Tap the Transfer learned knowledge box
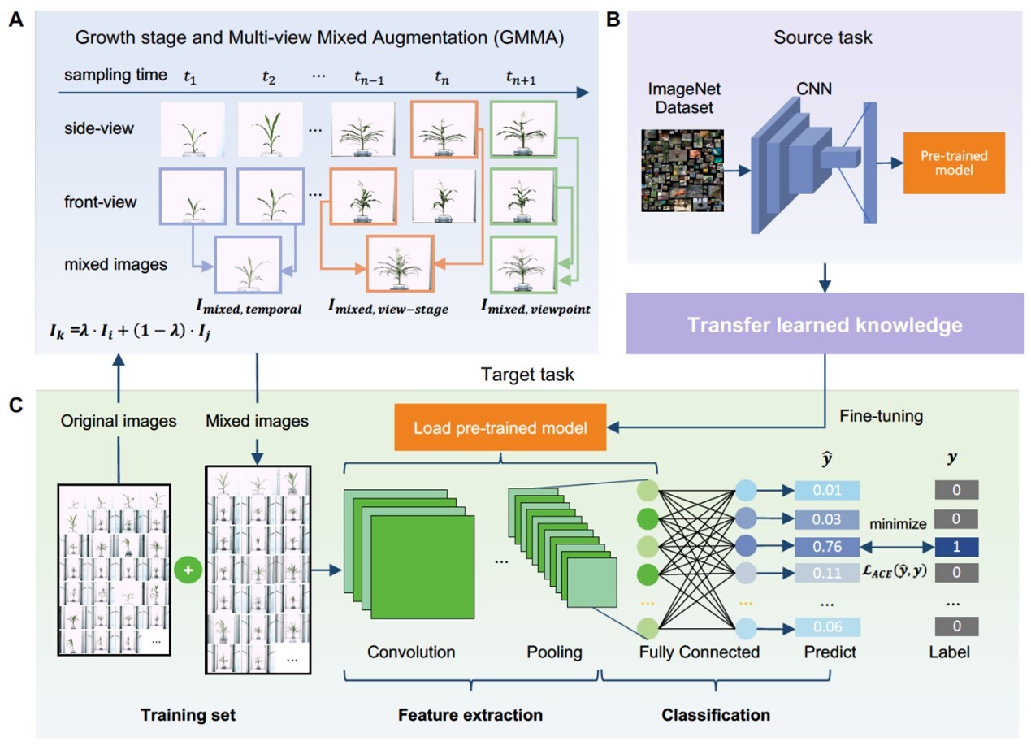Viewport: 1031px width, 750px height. click(825, 325)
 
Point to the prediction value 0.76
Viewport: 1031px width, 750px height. click(826, 547)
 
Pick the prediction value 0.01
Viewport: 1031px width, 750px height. click(826, 490)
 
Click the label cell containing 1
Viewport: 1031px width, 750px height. click(955, 547)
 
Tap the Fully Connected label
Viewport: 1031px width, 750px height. click(699, 652)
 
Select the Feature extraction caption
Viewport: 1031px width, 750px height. click(470, 715)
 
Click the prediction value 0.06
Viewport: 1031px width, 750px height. click(826, 626)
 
